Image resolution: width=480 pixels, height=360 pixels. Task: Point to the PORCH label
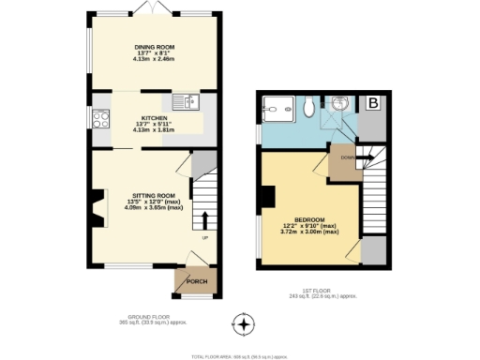point(197,282)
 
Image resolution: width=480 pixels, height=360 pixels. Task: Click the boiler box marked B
point(373,103)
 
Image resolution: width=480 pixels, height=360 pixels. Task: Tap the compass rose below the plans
point(244,325)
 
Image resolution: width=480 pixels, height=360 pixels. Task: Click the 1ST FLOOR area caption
point(322,294)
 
